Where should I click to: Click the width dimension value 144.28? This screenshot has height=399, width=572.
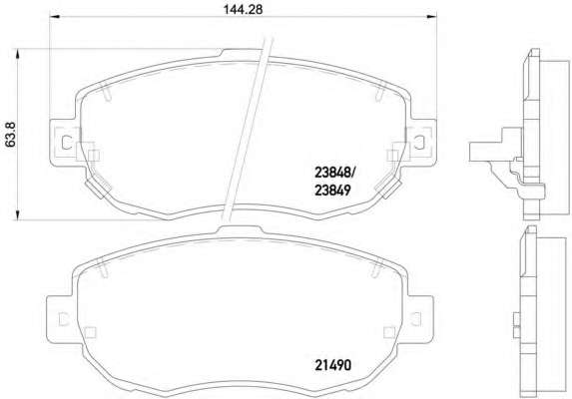[x=243, y=10]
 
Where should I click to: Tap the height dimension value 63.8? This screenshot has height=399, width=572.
[x=11, y=135]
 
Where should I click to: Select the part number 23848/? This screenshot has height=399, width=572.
[x=334, y=173]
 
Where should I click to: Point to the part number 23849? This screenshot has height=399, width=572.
[x=332, y=190]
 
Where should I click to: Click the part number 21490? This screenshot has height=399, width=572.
[x=332, y=365]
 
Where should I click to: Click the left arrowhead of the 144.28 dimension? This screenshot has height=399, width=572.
[x=54, y=16]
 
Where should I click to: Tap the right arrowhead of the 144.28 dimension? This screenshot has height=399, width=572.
[x=431, y=16]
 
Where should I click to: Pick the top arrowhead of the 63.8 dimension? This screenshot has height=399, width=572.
[x=17, y=54]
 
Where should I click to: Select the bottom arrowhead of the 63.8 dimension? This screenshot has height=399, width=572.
[x=17, y=215]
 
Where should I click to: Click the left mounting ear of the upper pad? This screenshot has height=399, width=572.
[x=63, y=142]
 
